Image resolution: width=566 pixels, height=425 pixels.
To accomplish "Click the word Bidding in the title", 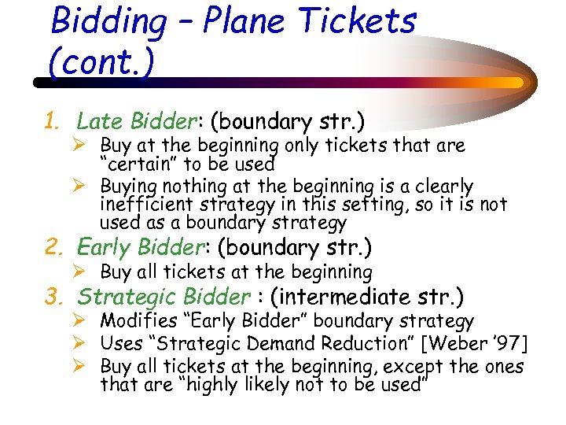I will (108, 22).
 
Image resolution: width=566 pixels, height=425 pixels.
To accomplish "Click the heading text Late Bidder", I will (135, 121).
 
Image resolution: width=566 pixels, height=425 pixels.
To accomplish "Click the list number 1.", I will (51, 122).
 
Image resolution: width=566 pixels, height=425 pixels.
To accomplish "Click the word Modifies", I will (139, 322).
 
